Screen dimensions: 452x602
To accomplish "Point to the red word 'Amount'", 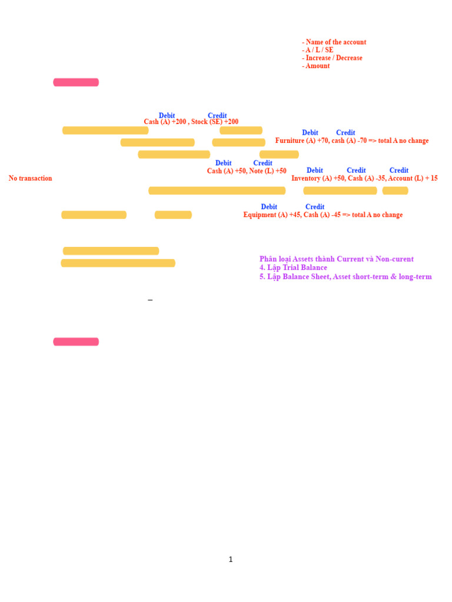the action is (317, 66).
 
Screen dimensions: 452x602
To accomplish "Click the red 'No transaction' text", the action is (31, 178).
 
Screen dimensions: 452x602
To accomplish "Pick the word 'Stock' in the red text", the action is (199, 122).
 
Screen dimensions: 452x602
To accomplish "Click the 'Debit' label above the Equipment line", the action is (269, 206).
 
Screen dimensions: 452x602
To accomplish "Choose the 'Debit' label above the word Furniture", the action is (310, 132).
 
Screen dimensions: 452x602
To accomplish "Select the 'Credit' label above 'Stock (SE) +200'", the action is (217, 115).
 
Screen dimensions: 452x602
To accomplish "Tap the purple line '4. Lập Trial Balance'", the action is (293, 267).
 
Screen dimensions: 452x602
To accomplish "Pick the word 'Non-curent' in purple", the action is (394, 259).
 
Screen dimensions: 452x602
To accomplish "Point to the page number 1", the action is (231, 560).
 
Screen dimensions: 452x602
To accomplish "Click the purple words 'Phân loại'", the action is (275, 259).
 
